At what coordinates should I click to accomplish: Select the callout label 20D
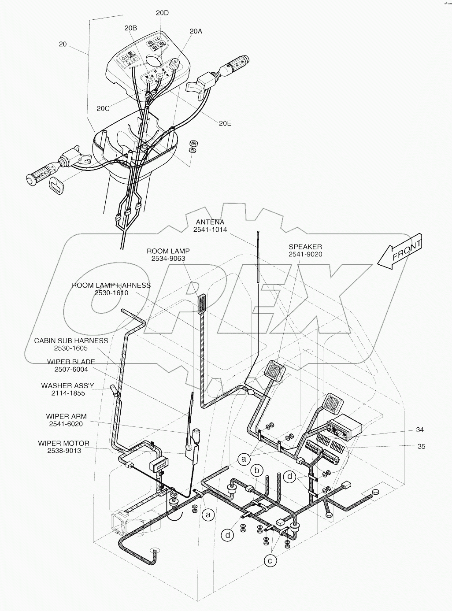[162, 13]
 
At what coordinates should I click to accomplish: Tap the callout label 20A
[196, 31]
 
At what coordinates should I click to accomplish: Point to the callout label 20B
[130, 28]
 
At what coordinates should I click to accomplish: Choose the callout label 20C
[103, 108]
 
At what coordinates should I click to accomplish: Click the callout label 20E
[225, 123]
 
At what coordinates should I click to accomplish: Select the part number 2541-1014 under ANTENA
[210, 230]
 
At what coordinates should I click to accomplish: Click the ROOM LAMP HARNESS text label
[111, 285]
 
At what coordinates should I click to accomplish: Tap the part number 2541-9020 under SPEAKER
[305, 255]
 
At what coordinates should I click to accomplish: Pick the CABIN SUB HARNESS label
[71, 341]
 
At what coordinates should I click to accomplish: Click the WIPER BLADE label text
[71, 362]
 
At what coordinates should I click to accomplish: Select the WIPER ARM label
[66, 416]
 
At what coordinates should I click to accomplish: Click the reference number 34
[419, 430]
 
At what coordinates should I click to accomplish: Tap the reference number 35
[421, 446]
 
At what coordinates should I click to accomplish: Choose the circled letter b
[257, 470]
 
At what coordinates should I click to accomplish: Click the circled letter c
[270, 560]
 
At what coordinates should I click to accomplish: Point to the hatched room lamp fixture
[202, 304]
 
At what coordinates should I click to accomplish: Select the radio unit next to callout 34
[344, 428]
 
